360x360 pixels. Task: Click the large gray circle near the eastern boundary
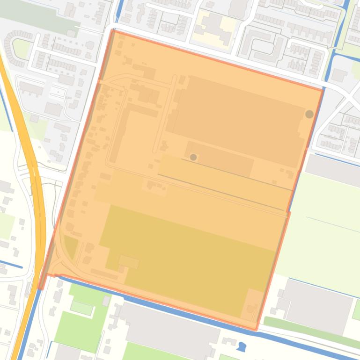coord(309,114)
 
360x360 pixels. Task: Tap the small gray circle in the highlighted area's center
coord(193,158)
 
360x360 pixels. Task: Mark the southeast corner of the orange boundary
coord(256,330)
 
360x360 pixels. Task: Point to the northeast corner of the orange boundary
coord(323,89)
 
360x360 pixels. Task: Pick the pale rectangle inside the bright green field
coord(81,307)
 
